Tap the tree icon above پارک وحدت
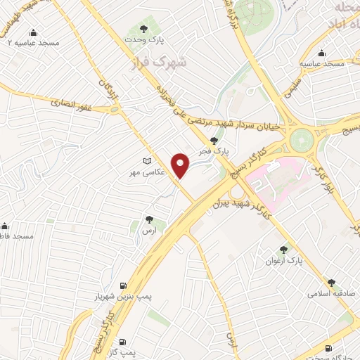pyautogui.click(x=144, y=29)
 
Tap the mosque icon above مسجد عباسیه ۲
pyautogui.click(x=33, y=32)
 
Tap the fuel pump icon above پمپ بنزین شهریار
pyautogui.click(x=124, y=285)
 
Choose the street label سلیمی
pyautogui.click(x=292, y=85)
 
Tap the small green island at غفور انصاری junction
pyautogui.click(x=114, y=109)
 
